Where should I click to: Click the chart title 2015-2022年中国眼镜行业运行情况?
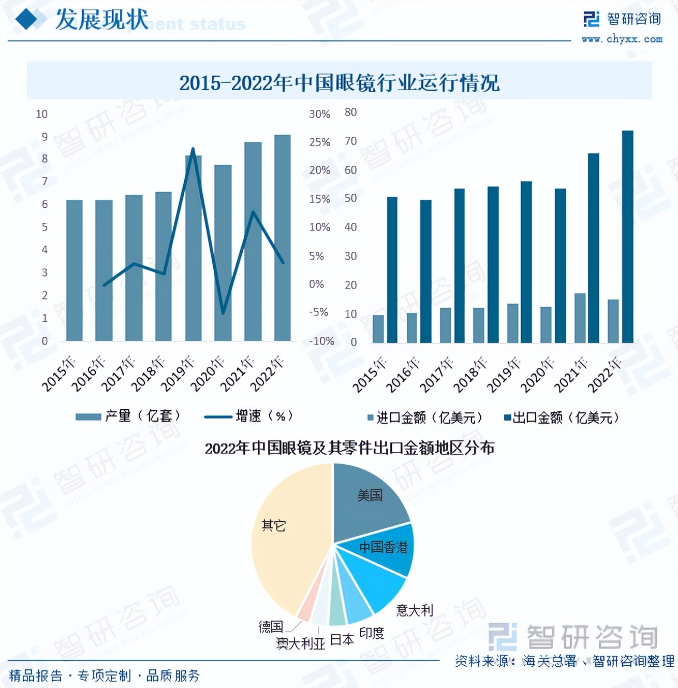[339, 83]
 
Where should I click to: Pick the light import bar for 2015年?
[378, 329]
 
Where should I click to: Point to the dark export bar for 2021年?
[593, 248]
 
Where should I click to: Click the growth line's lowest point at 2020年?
[223, 313]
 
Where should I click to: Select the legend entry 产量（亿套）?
[129, 416]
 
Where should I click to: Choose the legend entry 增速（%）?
[249, 416]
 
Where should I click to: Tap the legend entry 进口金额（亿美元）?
[425, 418]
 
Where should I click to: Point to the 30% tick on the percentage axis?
[319, 114]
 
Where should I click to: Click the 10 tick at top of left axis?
[41, 114]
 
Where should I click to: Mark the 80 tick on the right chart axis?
[350, 112]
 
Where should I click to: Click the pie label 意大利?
[414, 610]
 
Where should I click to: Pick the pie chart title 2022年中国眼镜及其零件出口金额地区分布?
[349, 448]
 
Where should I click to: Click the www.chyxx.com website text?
[622, 39]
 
